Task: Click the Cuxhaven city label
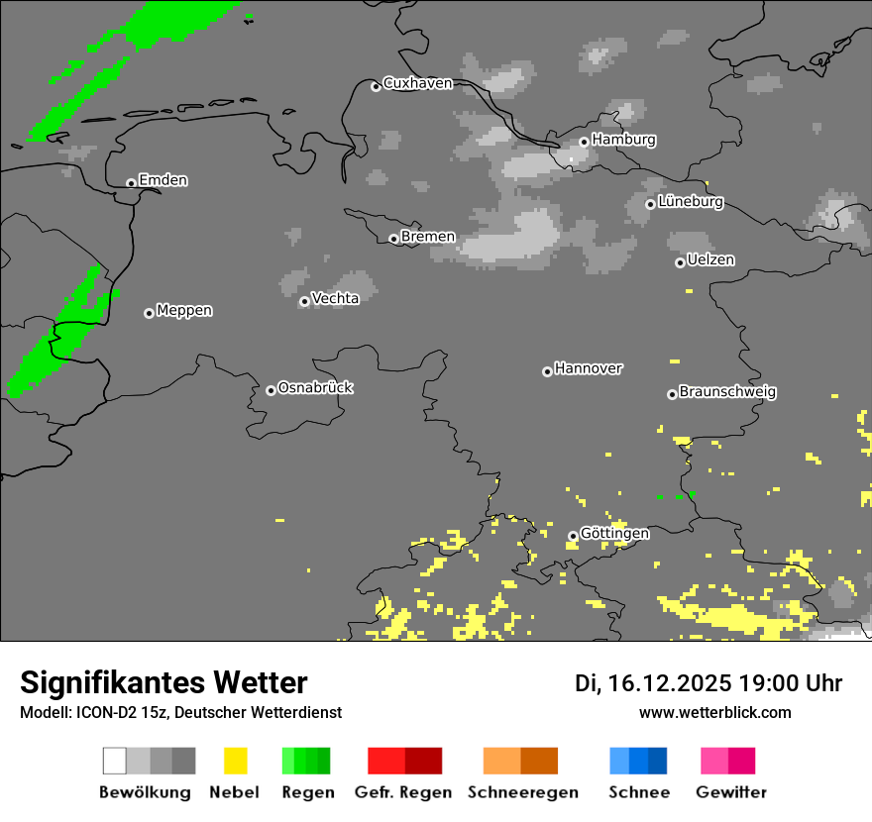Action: coord(417,83)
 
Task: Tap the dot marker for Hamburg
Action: coord(584,142)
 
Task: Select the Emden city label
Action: coord(163,180)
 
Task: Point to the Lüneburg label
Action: coord(690,201)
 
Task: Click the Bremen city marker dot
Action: coord(393,239)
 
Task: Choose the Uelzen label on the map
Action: coord(710,259)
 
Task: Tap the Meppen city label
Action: coord(184,310)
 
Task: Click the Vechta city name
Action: coord(335,298)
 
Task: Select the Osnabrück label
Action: coord(315,387)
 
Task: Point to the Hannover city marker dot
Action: coord(547,371)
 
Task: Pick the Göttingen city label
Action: coord(614,533)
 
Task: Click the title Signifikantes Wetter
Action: coord(163,682)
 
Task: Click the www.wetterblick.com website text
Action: coord(714,712)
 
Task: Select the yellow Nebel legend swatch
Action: coord(235,761)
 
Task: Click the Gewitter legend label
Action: coord(731,792)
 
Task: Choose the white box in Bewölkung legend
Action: coord(115,761)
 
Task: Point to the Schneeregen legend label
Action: coord(523,792)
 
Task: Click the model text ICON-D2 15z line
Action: coord(180,712)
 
